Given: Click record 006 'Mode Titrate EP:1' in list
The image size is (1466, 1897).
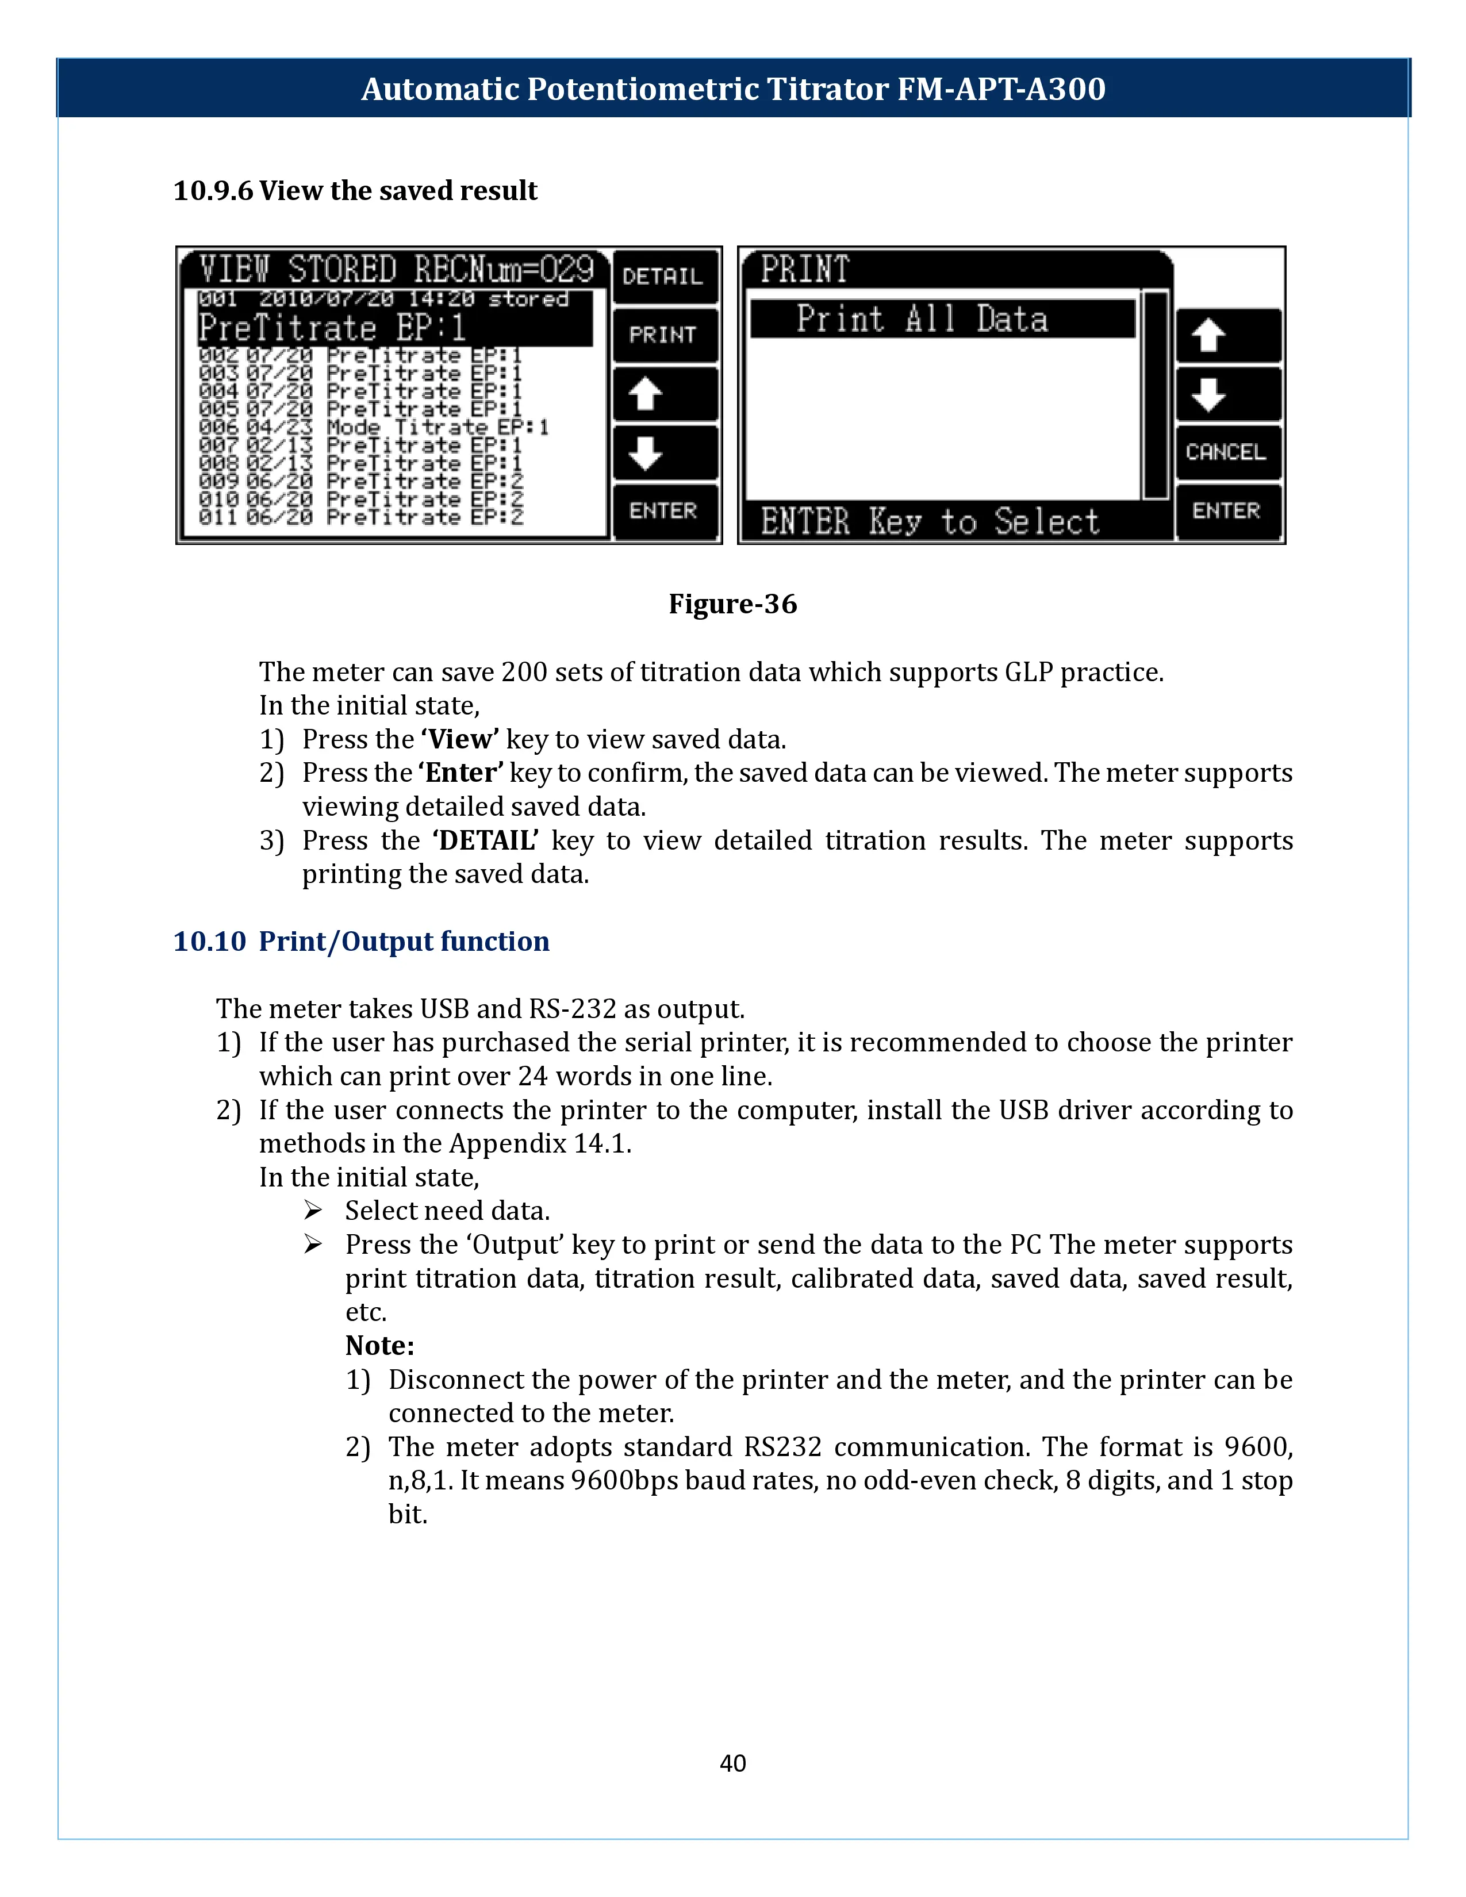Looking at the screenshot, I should [374, 427].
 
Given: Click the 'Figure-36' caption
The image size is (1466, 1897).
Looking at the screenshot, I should [732, 604].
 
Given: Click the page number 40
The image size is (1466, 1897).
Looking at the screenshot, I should [732, 1762].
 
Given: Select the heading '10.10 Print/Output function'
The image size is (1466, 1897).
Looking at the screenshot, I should [361, 942].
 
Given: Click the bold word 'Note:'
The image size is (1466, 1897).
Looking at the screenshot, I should [379, 1346].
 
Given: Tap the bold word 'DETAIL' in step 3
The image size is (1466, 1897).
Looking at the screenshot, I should [485, 841].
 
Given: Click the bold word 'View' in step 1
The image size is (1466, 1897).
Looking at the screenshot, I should [459, 739].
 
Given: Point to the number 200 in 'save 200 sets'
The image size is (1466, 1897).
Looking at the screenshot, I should [523, 673].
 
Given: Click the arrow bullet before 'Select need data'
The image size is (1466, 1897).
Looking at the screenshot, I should [313, 1210].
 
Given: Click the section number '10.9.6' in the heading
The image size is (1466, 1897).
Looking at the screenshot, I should [213, 190].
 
